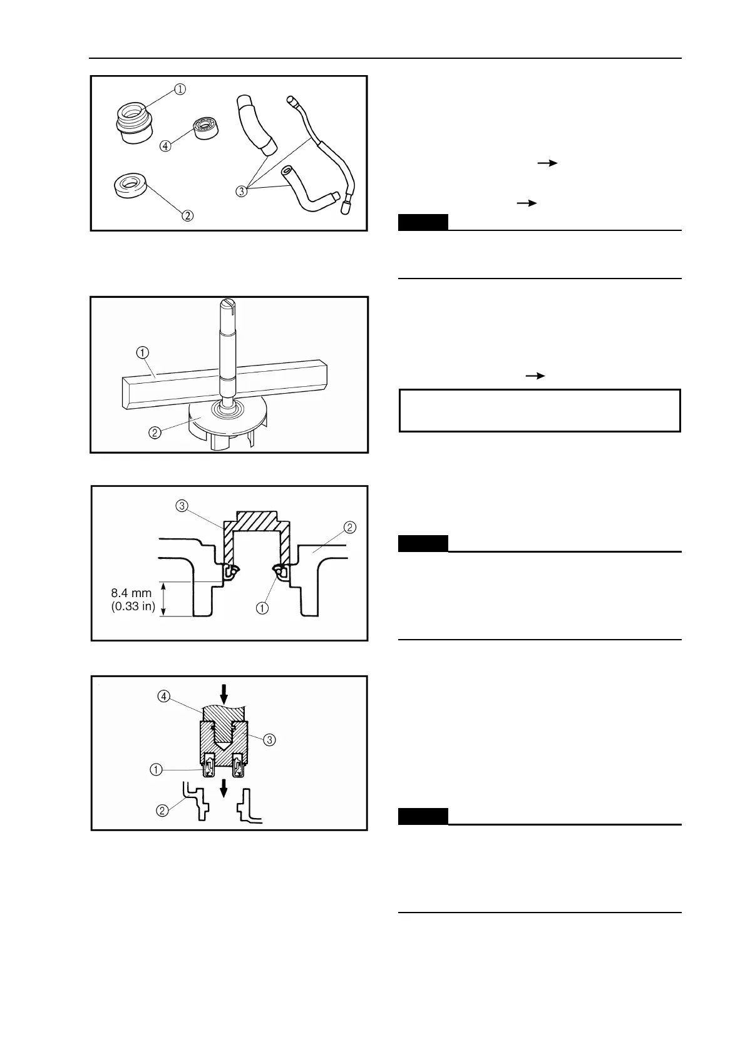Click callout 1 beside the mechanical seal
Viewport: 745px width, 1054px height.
180,89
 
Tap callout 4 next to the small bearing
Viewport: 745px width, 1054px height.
165,146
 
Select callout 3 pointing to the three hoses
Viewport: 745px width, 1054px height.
242,191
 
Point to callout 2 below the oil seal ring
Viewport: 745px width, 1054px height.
187,216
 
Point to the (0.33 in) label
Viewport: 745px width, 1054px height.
133,606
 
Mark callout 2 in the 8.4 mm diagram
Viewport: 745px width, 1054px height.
350,527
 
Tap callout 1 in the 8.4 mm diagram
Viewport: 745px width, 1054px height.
262,607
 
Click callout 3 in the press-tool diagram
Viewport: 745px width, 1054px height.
269,739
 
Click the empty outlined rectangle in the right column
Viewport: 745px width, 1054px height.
540,411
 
